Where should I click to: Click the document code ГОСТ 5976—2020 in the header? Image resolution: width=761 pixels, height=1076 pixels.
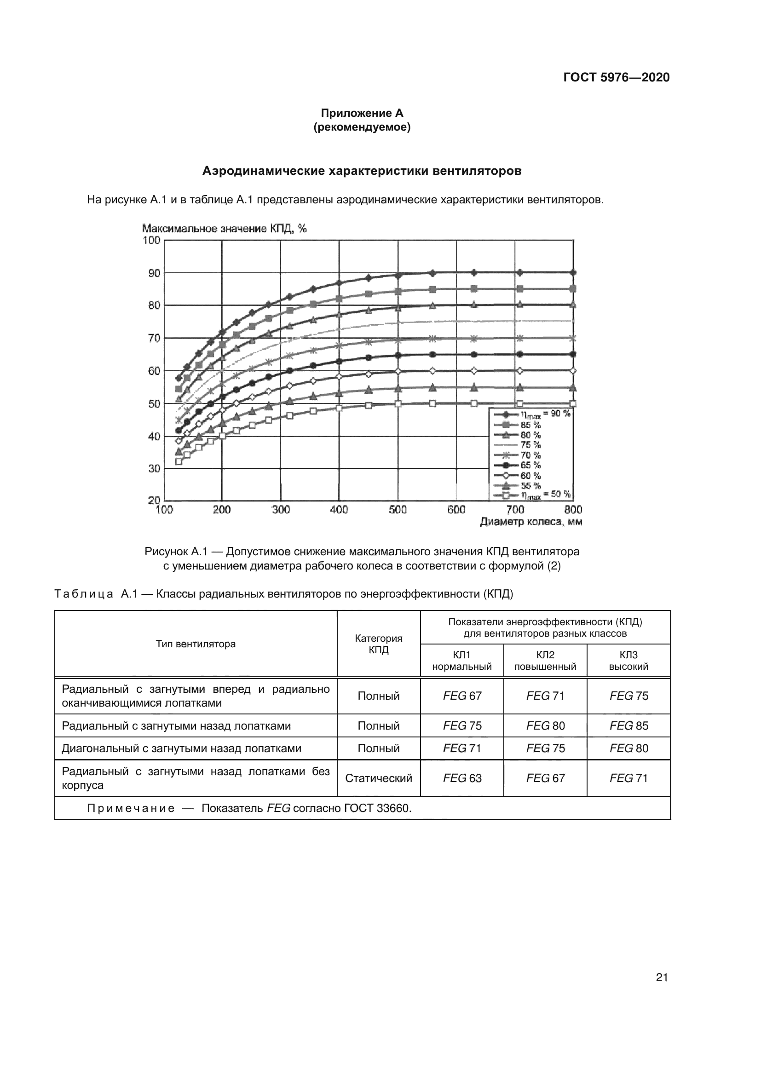pyautogui.click(x=616, y=77)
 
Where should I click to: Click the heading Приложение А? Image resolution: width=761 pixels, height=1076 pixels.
pyautogui.click(x=362, y=113)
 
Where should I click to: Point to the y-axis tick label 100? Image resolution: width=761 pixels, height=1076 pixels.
pyautogui.click(x=151, y=241)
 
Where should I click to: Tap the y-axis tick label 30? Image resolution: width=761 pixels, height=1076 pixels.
pyautogui.click(x=154, y=468)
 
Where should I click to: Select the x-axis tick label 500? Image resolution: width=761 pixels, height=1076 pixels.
pyautogui.click(x=398, y=510)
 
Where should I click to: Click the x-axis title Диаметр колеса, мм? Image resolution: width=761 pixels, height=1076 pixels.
pyautogui.click(x=531, y=522)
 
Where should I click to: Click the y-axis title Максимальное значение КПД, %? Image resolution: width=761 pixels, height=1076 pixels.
pyautogui.click(x=224, y=229)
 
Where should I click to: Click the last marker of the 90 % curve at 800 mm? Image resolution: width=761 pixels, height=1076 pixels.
pyautogui.click(x=573, y=272)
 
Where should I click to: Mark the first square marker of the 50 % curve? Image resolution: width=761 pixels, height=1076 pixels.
pyautogui.click(x=179, y=461)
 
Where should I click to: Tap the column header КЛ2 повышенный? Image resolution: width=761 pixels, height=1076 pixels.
pyautogui.click(x=545, y=661)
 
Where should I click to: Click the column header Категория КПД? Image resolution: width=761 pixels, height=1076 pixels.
pyautogui.click(x=378, y=644)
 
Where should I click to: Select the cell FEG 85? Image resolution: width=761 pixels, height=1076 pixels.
pyautogui.click(x=628, y=726)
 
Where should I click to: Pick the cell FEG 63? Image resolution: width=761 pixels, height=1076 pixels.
pyautogui.click(x=462, y=778)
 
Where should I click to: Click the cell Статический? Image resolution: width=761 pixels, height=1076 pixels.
pyautogui.click(x=378, y=778)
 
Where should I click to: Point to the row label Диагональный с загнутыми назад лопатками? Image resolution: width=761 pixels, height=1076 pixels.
pyautogui.click(x=181, y=748)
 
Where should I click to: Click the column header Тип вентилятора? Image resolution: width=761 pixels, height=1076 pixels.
pyautogui.click(x=196, y=644)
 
